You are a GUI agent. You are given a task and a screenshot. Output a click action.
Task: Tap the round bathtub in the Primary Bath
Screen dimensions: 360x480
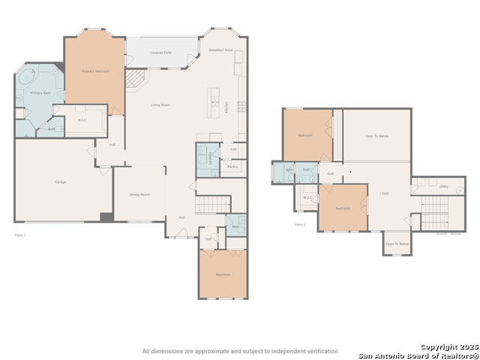tap(25, 77)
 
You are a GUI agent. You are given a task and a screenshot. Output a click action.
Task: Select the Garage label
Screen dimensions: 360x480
tap(60, 182)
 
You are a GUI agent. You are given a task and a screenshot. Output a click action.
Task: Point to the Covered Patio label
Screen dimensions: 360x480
tap(160, 53)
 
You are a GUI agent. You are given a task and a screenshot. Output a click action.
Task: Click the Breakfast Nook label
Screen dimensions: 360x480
tap(220, 49)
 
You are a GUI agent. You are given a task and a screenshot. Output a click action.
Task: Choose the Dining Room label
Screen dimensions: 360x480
tap(139, 194)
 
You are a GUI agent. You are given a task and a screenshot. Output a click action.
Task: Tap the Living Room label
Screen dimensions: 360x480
tap(160, 105)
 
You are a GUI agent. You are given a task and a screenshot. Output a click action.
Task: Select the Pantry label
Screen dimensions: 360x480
tap(232, 166)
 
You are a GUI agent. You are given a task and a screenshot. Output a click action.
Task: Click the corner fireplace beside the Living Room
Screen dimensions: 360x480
tap(135, 78)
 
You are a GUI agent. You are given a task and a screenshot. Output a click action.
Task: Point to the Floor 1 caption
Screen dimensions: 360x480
tap(20, 235)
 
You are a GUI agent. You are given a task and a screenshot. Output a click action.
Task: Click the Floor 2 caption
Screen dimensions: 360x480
tap(300, 224)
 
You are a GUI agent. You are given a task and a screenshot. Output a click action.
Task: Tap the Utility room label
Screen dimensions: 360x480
tap(443, 186)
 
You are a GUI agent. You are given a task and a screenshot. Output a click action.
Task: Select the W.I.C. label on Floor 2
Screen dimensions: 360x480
tap(308, 197)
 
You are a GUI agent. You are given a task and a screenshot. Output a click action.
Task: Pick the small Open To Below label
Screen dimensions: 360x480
tap(397, 244)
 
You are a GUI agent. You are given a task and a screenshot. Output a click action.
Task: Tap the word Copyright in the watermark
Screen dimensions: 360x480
tap(436, 346)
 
